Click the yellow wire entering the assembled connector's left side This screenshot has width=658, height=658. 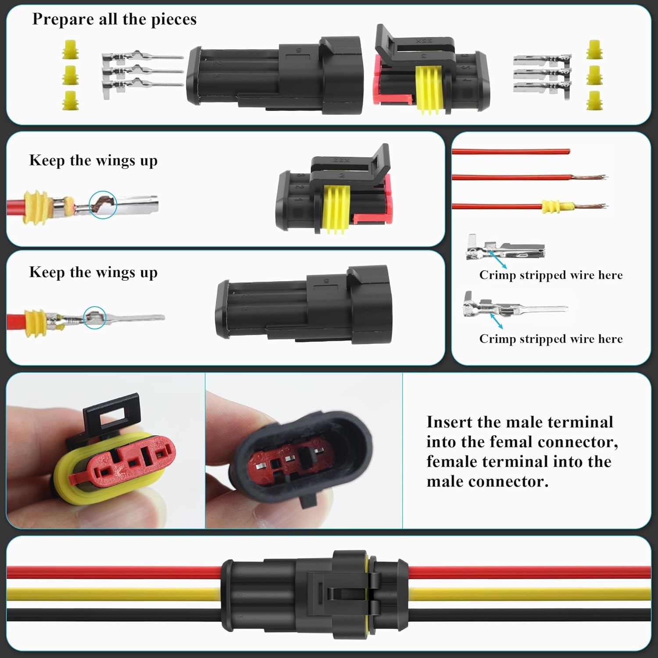tap(114, 594)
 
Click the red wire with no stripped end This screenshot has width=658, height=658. tap(509, 152)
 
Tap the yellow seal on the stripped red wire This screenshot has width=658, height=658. tap(557, 207)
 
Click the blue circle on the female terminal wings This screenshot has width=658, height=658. tap(103, 204)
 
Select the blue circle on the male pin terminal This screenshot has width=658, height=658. tap(95, 318)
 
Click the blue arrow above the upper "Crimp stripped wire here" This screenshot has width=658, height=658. tap(498, 259)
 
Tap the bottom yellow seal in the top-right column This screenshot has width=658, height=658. tap(594, 100)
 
